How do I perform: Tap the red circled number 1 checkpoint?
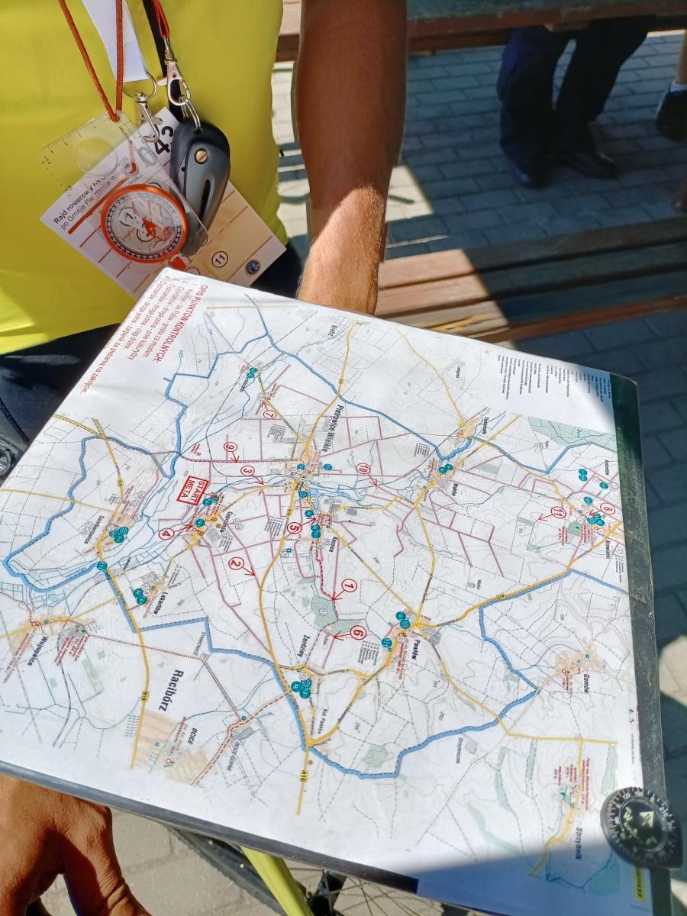(349, 585)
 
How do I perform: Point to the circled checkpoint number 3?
(247, 471)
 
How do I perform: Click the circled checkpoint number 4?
(166, 534)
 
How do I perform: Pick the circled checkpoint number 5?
(295, 526)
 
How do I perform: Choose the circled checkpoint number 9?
(229, 446)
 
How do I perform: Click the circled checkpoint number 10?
(363, 468)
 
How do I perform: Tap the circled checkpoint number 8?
(608, 508)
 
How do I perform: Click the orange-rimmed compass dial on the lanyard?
(144, 223)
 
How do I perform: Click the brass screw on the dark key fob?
(202, 156)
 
